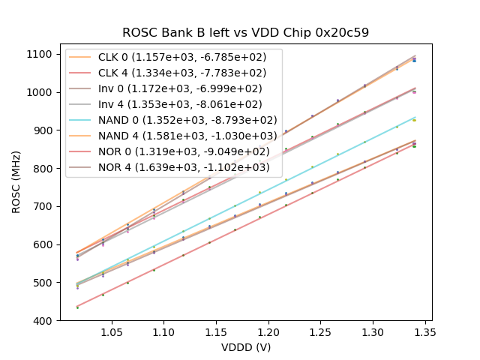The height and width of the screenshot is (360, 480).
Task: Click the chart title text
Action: pos(246,33)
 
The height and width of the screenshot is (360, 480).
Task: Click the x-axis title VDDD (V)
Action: pos(246,347)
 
